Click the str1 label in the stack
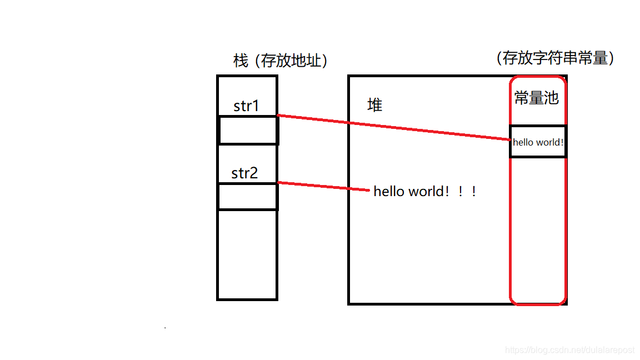(246, 106)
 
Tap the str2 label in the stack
(245, 173)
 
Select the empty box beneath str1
(248, 131)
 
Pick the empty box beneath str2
(247, 197)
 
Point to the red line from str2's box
(322, 186)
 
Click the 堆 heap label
(375, 105)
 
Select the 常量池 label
(536, 99)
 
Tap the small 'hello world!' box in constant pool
(538, 142)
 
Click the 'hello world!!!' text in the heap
(425, 192)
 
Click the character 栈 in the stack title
(241, 61)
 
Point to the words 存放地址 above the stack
(292, 61)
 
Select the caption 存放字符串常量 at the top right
(555, 58)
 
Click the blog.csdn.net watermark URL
(569, 350)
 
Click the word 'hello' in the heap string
(389, 192)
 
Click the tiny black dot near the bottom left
(165, 328)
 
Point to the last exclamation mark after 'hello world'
(473, 192)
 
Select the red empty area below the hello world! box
(538, 228)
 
